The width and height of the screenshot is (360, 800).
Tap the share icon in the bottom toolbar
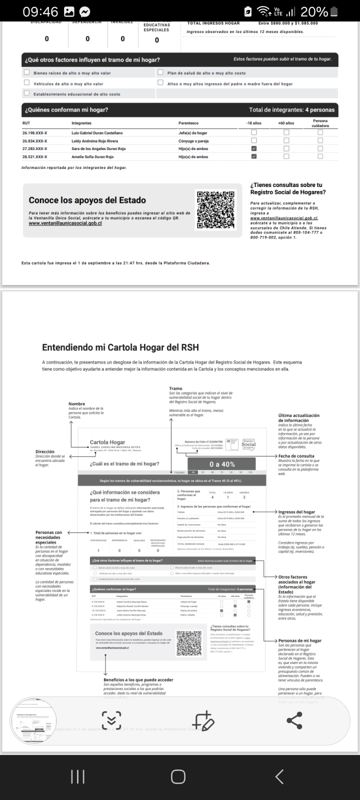coord(294,720)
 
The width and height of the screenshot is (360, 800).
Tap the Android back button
coord(279,776)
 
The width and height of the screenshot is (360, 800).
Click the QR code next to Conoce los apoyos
coord(215,210)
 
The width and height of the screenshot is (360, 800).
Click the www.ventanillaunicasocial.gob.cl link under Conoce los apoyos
coord(65,223)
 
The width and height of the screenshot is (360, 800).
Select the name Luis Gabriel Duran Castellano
coord(97,133)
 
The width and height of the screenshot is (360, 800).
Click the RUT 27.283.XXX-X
coord(34,149)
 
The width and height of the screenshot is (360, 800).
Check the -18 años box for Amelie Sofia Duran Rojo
coord(254,156)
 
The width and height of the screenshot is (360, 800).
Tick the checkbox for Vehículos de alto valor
coord(27,83)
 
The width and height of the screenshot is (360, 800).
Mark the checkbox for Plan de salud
coord(160,72)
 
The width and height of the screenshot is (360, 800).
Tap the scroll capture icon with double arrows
coord(111,720)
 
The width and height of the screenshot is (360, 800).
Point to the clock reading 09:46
coord(40,11)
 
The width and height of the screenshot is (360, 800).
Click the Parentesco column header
coord(188,123)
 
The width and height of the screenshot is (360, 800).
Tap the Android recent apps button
coord(77,776)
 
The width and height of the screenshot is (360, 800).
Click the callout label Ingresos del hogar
coord(296,512)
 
